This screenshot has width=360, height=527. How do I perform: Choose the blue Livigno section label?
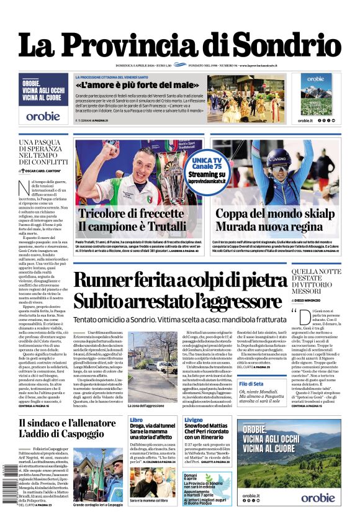click(x=193, y=420)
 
